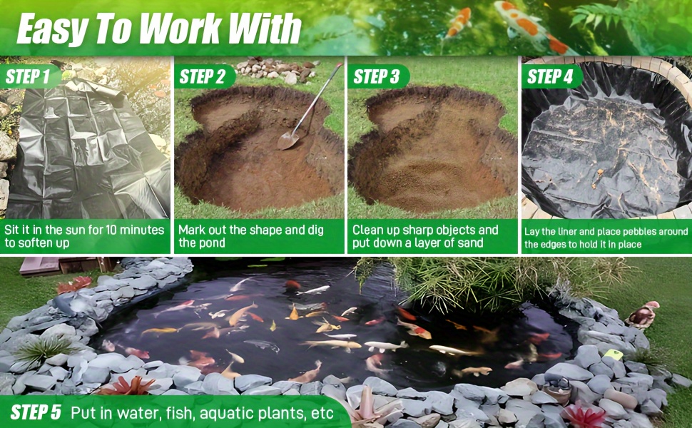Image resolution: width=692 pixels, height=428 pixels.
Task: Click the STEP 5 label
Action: point(36,412)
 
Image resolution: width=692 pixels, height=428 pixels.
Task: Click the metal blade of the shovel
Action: point(288,141)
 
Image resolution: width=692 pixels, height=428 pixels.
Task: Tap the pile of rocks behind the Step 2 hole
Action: point(276,69)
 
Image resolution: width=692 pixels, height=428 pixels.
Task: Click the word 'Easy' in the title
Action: point(51,29)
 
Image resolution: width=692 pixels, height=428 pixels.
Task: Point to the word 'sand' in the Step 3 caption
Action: point(469,243)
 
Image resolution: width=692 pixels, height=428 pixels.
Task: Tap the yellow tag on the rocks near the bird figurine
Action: point(614,354)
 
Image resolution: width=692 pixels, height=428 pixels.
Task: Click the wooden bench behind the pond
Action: point(66,265)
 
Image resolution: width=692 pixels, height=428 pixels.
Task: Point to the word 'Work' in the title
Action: point(184,29)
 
